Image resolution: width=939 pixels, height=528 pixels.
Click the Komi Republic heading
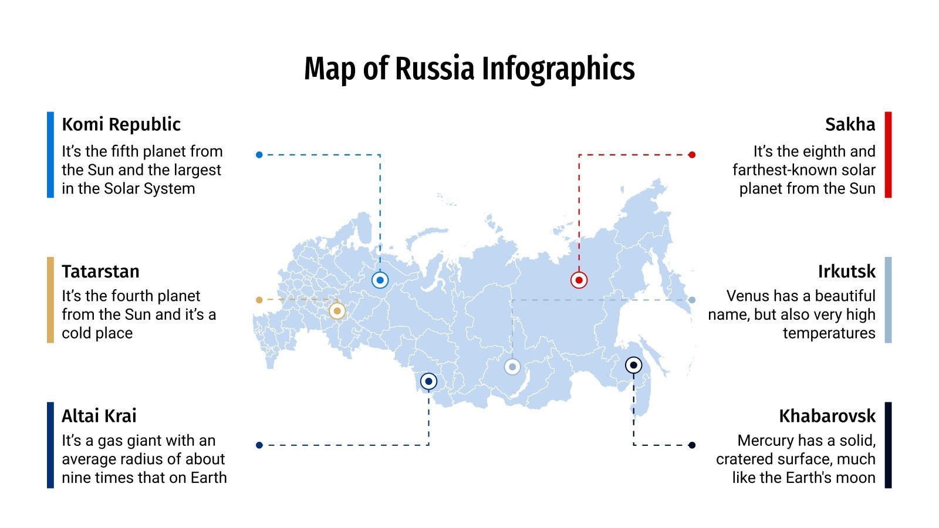[x=121, y=124]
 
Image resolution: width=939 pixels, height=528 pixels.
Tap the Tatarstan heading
[x=100, y=272]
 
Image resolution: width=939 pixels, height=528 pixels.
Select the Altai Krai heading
[x=99, y=416]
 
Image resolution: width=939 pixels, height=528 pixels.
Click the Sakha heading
[x=850, y=124]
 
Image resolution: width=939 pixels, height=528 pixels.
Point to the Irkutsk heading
[x=846, y=272]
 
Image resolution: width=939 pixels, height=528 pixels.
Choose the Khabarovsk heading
[x=827, y=416]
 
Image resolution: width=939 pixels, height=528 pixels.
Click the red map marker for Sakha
[x=579, y=280]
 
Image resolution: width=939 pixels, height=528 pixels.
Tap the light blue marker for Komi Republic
[x=380, y=280]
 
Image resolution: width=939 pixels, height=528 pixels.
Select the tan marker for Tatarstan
[x=337, y=311]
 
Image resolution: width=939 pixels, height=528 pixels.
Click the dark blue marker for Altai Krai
[x=428, y=381]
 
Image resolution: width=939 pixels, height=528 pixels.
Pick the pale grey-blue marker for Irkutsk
[x=512, y=367]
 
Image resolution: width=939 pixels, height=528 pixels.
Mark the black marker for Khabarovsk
[x=633, y=365]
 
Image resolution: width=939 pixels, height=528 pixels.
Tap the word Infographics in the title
[x=558, y=69]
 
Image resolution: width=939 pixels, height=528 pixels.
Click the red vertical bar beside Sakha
[x=888, y=154]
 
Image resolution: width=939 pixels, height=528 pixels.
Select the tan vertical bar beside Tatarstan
[x=50, y=300]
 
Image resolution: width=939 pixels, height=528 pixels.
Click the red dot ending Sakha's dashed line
[x=692, y=155]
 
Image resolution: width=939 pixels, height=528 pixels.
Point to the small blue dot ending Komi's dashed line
[x=259, y=155]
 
